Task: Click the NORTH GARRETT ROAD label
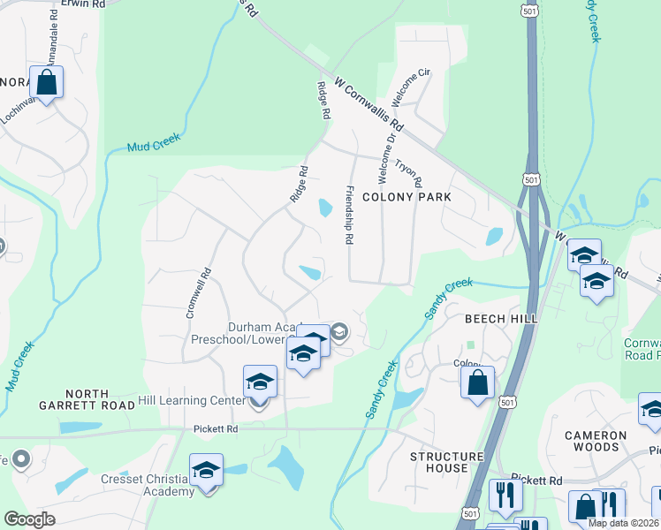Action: point(86,400)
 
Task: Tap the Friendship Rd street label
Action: point(349,215)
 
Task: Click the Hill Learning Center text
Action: point(191,401)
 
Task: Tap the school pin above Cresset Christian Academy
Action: point(206,470)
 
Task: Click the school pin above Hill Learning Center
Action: point(260,382)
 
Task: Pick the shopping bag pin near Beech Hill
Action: point(477,383)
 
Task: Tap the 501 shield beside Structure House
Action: point(505,403)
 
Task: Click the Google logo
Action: point(29,519)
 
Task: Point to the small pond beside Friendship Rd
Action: point(325,208)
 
